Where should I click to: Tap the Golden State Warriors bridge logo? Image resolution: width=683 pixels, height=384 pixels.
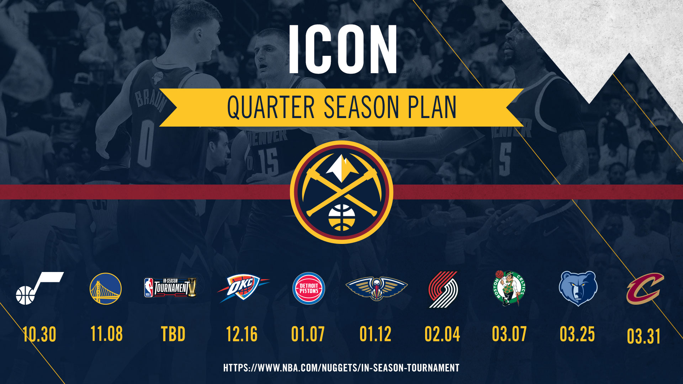coord(106,288)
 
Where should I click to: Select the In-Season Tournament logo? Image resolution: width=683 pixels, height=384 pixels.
coord(170,287)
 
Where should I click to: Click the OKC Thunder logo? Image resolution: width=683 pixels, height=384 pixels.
coord(243,288)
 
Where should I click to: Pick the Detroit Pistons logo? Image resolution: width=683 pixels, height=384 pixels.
coord(308,288)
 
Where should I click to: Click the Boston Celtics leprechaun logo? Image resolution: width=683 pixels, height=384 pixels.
coord(509,288)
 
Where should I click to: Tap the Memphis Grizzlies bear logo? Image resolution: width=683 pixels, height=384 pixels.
coord(578,288)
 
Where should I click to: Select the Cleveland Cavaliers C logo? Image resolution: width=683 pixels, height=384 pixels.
coord(645,288)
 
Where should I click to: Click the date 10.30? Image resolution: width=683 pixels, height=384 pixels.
coord(39,335)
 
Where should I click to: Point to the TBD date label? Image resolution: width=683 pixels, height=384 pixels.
coord(173,334)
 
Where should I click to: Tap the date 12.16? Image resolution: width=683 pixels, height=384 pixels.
coord(242,334)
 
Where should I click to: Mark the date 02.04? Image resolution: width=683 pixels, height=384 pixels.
coord(442,334)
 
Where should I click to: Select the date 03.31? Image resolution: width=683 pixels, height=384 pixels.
coord(644,336)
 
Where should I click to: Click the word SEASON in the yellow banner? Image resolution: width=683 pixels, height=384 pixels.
coord(361,107)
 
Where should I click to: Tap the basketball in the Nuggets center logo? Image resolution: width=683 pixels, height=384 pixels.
coord(341,217)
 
